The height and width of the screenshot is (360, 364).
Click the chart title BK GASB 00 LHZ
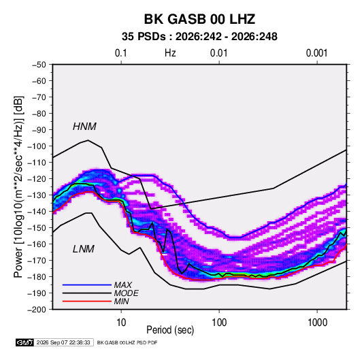pos(199,19)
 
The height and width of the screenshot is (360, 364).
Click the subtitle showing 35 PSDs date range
pos(199,37)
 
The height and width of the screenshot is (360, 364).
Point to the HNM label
pos(84,127)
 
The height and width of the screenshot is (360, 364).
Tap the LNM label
pos(84,249)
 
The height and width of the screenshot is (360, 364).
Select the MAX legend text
pos(123,284)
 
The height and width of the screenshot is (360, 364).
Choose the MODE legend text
pos(127,293)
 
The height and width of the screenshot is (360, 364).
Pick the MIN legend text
pos(122,301)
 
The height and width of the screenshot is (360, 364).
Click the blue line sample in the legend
pos(87,284)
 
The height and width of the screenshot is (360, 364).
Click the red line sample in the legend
pos(87,301)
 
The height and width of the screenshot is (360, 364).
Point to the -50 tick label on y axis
pos(39,65)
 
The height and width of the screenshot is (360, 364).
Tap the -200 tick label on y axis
pos(37,310)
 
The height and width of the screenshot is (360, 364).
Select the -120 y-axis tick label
pos(37,179)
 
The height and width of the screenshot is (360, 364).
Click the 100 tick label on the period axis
pos(219,323)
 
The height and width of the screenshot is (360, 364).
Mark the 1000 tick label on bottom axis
pos(317,323)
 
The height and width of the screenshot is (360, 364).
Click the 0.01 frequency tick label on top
pos(218,53)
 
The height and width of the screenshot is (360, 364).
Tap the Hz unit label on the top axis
pos(170,53)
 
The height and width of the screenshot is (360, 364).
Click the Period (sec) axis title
pos(170,330)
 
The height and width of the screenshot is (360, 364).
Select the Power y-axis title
pos(18,187)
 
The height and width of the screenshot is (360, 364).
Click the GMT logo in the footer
pos(25,342)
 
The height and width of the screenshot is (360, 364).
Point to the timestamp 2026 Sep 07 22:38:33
pos(63,342)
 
